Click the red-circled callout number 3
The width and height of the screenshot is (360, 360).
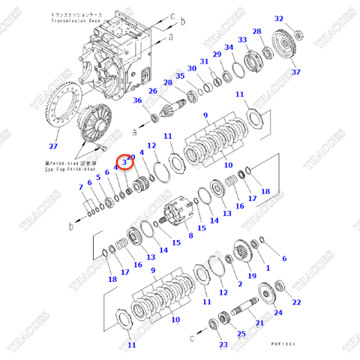[124, 162]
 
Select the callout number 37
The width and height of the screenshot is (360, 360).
[295, 72]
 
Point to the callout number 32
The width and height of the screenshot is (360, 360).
[279, 19]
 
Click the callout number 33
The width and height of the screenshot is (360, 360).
[242, 40]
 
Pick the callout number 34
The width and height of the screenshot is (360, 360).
[230, 49]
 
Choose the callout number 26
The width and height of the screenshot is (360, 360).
[152, 91]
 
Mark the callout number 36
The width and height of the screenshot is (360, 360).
[138, 101]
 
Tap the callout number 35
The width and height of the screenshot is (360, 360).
[179, 76]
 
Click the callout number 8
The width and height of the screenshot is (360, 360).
[190, 235]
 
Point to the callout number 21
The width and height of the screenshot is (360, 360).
[259, 323]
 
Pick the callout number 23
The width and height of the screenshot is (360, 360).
[223, 344]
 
